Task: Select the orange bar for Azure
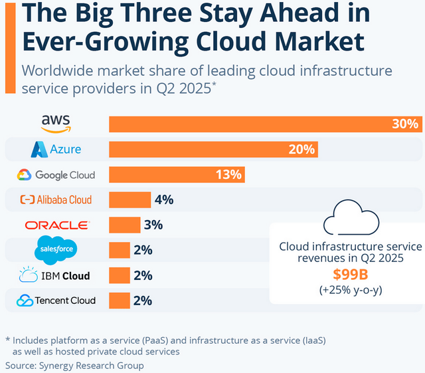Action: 212,149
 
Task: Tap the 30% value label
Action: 405,124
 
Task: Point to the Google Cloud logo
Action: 56,175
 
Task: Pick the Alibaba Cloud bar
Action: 130,199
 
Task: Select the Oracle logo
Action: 56,225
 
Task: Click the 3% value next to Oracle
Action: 153,225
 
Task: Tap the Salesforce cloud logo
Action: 56,250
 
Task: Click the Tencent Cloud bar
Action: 120,301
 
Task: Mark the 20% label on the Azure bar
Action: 301,149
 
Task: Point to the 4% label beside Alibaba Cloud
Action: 163,199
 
